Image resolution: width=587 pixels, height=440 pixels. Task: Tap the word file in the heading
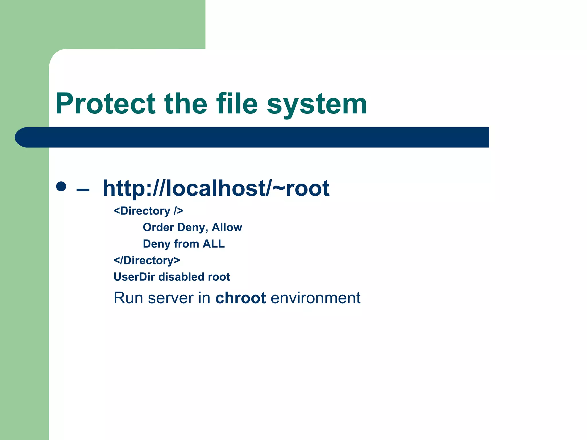237,104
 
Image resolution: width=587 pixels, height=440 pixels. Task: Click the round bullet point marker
61,186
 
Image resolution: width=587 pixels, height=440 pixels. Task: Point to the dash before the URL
83,190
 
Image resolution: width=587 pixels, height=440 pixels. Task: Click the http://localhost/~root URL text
216,188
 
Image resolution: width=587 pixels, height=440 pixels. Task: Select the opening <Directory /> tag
148,211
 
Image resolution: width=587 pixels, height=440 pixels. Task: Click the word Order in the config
158,227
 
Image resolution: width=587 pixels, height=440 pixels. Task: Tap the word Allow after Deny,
227,227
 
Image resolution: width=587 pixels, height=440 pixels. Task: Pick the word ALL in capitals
214,244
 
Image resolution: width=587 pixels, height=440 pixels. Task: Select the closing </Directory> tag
147,260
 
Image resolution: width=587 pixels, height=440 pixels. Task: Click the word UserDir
134,277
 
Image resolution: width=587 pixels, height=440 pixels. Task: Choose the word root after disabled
219,277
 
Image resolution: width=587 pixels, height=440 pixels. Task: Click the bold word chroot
240,298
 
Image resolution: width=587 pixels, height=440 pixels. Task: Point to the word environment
315,298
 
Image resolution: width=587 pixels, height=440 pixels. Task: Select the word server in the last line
171,298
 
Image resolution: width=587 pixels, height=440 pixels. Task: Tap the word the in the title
185,104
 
